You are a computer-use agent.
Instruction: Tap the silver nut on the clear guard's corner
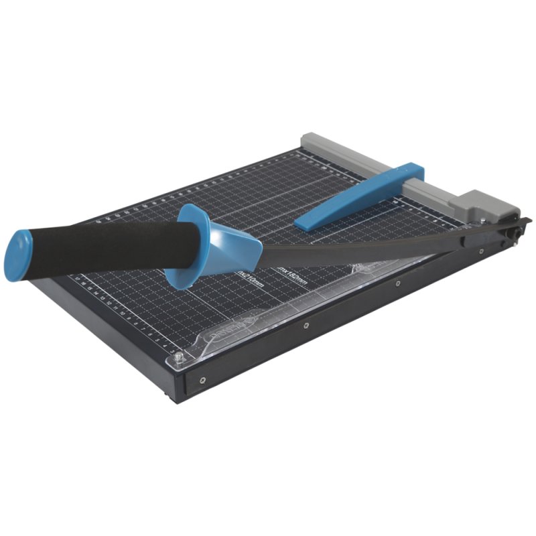(x=179, y=356)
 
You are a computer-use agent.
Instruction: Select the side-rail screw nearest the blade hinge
(x=482, y=252)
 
